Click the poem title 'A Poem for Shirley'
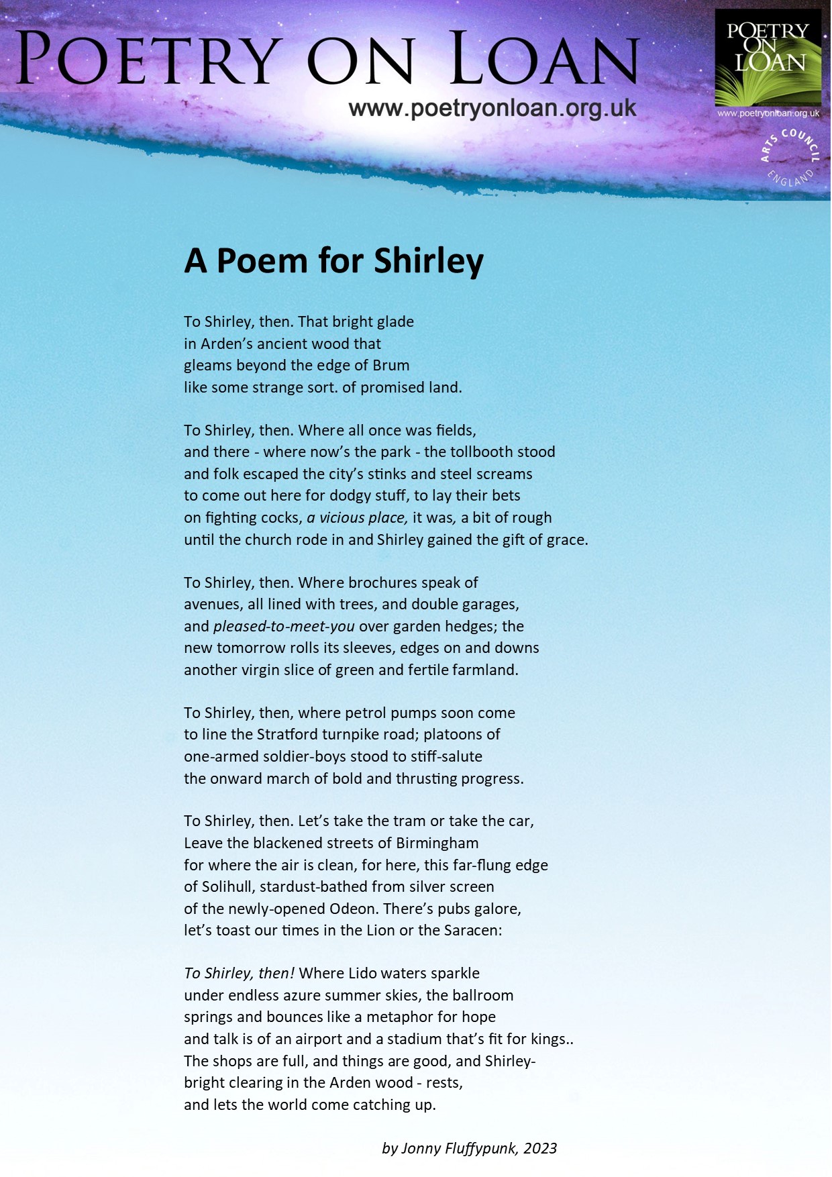333,261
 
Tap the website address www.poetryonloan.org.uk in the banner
492,108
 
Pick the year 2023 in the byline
540,1148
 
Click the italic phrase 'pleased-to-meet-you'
284,626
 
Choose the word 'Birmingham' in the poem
437,843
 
